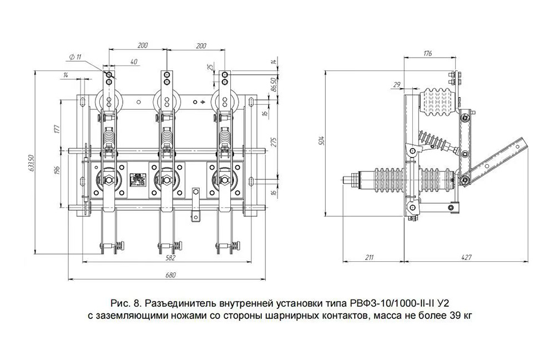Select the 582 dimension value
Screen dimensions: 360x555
(x=170, y=258)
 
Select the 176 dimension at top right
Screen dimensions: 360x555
(x=427, y=54)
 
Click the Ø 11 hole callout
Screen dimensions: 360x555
(x=76, y=57)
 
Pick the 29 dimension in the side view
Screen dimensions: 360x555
(x=396, y=84)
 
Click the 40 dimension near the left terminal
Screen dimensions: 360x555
(x=133, y=62)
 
